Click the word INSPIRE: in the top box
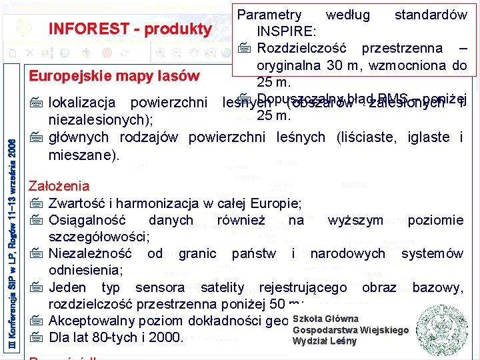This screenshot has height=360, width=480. [x=287, y=31]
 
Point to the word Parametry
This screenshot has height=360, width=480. [x=269, y=15]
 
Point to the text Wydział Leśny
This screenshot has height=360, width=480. [x=324, y=341]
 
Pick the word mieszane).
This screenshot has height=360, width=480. [x=83, y=155]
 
